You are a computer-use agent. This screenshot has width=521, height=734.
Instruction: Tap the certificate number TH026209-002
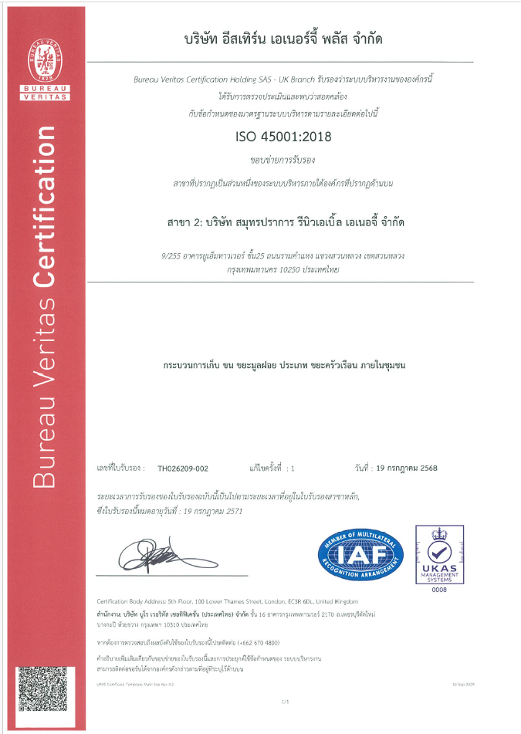[183, 468]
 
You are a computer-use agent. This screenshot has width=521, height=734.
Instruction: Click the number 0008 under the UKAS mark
[439, 590]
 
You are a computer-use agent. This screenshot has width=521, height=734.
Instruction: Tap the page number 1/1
[285, 701]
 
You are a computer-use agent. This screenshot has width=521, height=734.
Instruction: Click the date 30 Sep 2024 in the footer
[462, 684]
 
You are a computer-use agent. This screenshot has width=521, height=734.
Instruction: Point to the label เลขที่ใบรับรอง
[122, 468]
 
